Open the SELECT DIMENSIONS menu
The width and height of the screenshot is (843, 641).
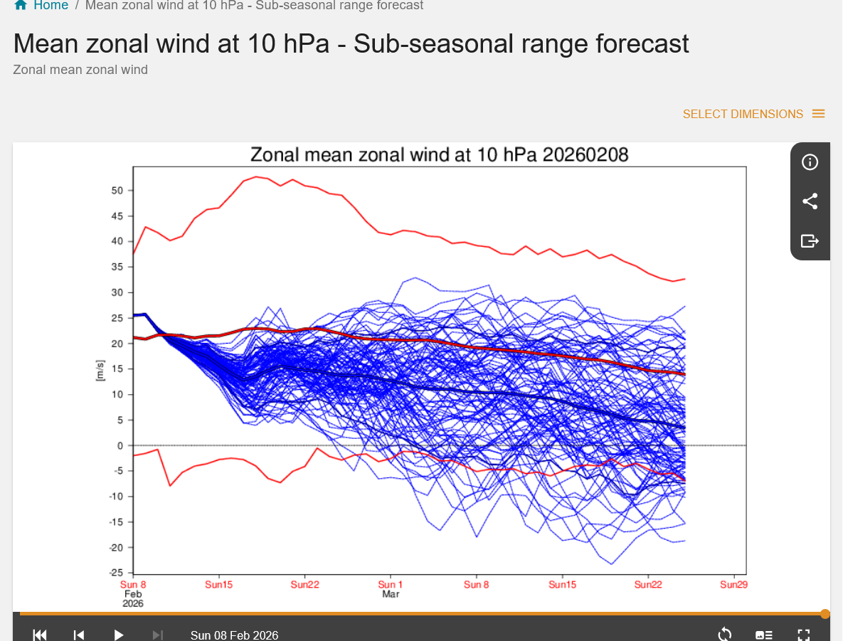753,114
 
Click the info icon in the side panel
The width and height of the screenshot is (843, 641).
810,162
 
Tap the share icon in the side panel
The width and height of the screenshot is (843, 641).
810,201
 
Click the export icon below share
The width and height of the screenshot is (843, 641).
810,240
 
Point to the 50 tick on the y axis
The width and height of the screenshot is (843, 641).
117,191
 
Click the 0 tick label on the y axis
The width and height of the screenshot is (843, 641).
120,446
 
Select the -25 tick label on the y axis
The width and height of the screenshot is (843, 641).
116,573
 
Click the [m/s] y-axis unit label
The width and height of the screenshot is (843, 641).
100,369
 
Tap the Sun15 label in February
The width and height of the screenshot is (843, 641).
218,585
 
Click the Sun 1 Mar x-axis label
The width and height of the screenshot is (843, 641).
391,589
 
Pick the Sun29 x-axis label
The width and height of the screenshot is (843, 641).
734,585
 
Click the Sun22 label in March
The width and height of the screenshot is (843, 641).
648,585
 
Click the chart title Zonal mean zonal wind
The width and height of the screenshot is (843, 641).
439,154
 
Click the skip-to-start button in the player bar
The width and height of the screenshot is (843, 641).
40,635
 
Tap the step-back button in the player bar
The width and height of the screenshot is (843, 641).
79,635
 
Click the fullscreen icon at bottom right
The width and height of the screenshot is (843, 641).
804,635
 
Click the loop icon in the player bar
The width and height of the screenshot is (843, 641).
725,635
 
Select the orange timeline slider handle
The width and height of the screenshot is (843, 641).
825,614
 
